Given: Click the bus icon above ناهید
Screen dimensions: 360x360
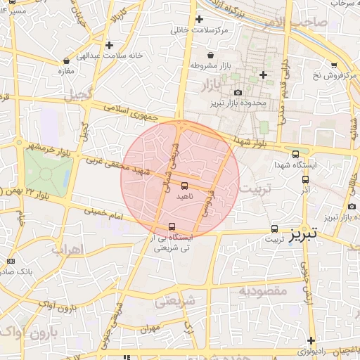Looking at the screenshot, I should pyautogui.click(x=184, y=186).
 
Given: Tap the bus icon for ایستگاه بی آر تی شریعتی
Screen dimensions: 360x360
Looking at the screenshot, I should pyautogui.click(x=172, y=226).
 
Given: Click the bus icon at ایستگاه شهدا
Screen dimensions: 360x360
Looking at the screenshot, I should pyautogui.click(x=295, y=155).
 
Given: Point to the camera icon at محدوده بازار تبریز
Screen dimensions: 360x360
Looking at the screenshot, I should pyautogui.click(x=238, y=93).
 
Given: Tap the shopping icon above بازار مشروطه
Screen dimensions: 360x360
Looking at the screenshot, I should pyautogui.click(x=210, y=55).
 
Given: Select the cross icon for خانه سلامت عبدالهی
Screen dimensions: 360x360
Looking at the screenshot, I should pyautogui.click(x=109, y=45).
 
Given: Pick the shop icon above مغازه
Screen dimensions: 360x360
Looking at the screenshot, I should pyautogui.click(x=66, y=60).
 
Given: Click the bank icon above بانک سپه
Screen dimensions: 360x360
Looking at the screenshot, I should pyautogui.click(x=10, y=261).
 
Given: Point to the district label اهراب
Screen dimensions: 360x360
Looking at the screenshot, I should pyautogui.click(x=68, y=249).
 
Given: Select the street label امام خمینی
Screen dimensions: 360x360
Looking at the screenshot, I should pyautogui.click(x=105, y=210).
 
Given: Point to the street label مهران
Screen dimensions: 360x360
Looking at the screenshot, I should pyautogui.click(x=151, y=328).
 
